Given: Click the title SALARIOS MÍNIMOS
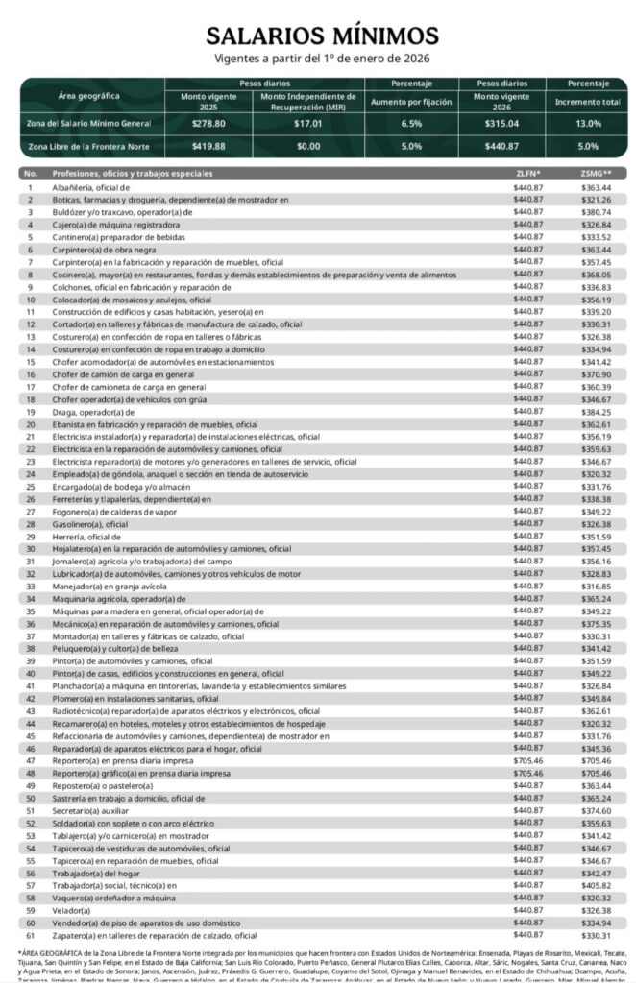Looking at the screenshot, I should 321,36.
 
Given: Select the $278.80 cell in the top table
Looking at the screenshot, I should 208,124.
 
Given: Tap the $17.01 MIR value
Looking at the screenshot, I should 308,124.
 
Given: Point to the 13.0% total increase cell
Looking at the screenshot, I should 589,124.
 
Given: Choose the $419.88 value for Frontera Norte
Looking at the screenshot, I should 208,147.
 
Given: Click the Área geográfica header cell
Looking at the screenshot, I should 89,97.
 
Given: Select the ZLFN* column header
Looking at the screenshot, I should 528,173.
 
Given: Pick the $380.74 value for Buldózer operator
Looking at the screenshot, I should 596,211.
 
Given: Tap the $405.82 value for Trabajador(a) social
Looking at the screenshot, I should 596,885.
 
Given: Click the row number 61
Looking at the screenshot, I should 30,935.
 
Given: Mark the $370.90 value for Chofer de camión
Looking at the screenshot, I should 596,373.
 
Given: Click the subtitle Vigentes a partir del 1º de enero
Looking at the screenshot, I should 321,59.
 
